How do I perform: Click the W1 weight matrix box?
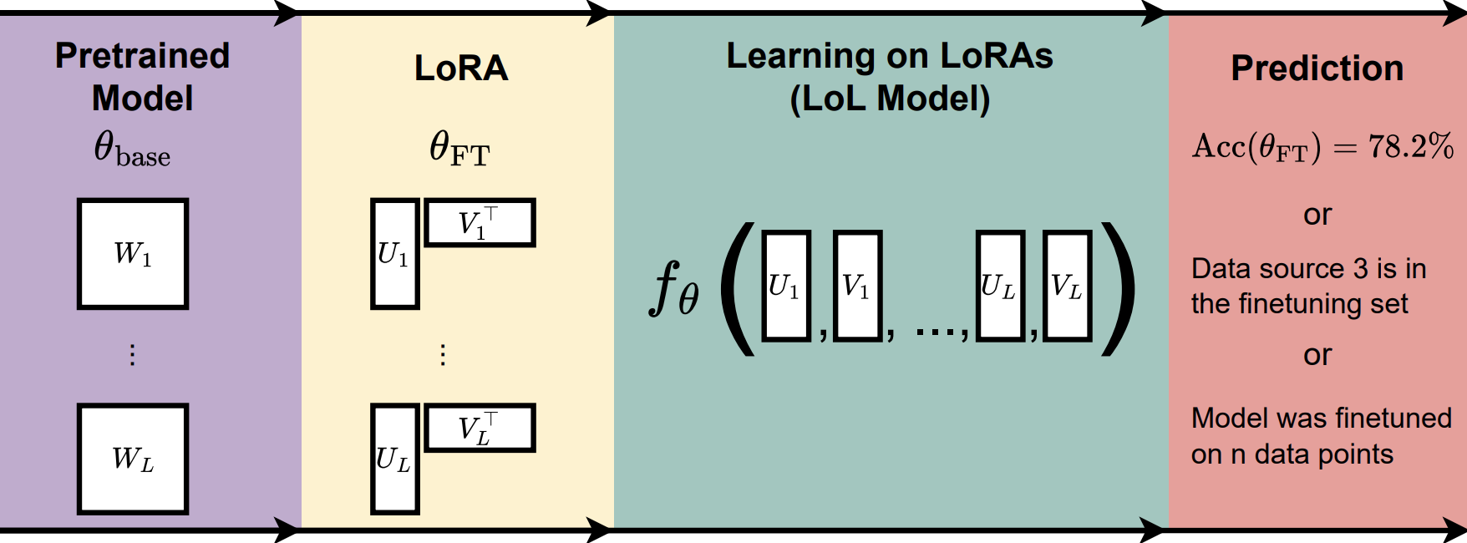[x=133, y=254]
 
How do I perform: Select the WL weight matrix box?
[x=133, y=459]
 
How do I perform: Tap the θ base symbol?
[x=131, y=150]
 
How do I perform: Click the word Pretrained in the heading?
[x=142, y=56]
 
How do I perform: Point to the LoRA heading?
[x=461, y=69]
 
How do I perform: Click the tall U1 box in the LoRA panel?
[x=394, y=254]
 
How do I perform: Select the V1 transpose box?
[x=480, y=222]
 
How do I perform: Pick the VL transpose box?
[x=480, y=428]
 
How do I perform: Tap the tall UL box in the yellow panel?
[x=394, y=459]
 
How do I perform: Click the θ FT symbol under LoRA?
[x=459, y=149]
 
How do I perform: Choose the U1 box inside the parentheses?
[x=786, y=286]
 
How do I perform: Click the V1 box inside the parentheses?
[x=858, y=286]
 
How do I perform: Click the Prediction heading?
[x=1317, y=69]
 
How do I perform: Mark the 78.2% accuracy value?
[x=1410, y=147]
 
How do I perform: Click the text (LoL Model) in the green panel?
[x=890, y=99]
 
